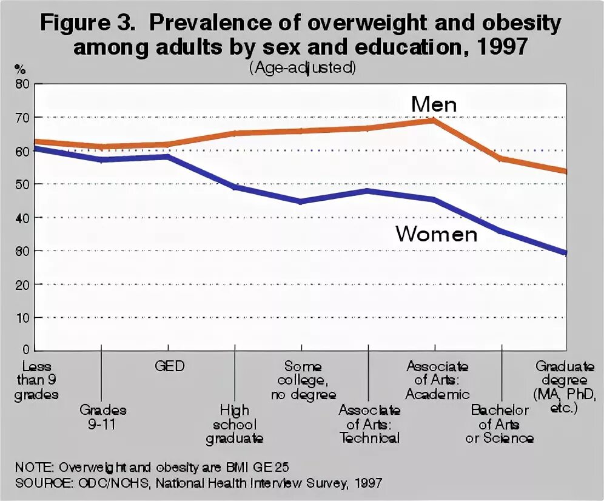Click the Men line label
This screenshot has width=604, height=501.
click(434, 104)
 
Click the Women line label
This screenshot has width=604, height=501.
click(437, 234)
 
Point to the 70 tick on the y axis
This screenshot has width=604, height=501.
click(22, 118)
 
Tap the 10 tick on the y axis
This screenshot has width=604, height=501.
click(22, 318)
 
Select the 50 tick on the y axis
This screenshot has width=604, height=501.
click(22, 184)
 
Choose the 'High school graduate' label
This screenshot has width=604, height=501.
click(234, 424)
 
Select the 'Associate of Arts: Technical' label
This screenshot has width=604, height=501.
click(369, 423)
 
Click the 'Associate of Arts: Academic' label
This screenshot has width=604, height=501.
click(437, 380)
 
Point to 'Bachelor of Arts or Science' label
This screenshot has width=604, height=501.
click(500, 423)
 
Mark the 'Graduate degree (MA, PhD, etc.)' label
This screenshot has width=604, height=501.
click(565, 387)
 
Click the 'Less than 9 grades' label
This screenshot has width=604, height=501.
click(38, 380)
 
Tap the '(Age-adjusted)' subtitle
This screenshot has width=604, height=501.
click(301, 68)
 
